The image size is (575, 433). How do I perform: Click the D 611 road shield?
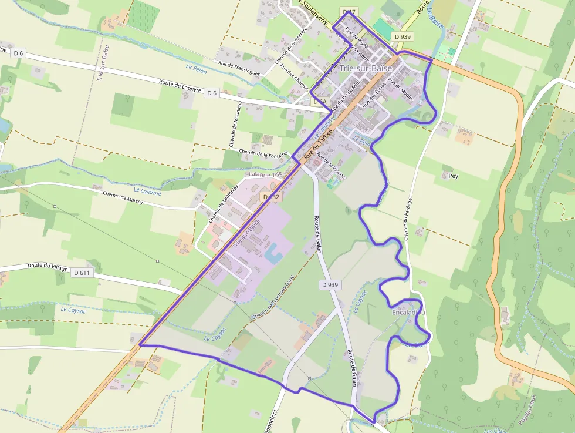click(83, 273)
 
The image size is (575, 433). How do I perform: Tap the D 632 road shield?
click(271, 197)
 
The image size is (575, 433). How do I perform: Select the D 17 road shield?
click(349, 12)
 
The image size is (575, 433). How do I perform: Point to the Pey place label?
click(452, 176)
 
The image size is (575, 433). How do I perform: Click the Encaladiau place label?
click(408, 313)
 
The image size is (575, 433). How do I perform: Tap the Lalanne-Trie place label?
click(265, 175)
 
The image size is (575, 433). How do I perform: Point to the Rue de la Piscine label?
click(331, 165)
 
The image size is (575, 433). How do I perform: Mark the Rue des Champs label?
click(294, 77)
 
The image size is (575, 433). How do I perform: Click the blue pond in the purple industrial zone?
click(273, 254)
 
